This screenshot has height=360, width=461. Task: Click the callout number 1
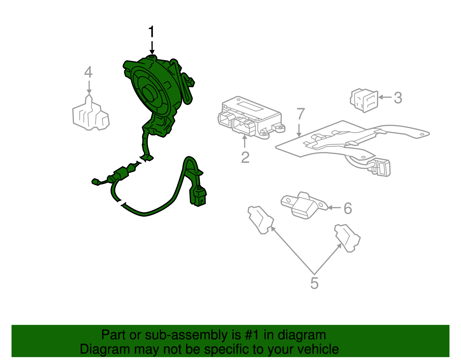pos(151,32)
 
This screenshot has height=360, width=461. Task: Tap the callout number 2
pos(245,157)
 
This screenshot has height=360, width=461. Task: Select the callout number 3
pos(398,98)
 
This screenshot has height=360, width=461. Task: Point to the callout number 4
pos(88,72)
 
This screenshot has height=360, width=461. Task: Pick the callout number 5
pos(314,283)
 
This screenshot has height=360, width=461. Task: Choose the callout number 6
pos(348,208)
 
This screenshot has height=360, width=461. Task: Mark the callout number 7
pos(301,114)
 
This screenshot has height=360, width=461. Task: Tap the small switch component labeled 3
pos(364,100)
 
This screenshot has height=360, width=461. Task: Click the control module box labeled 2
pos(252,118)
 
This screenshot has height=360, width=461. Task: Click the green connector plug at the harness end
pos(198,196)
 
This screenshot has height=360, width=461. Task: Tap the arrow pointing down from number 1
pos(152,48)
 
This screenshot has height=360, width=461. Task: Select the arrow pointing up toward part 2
pos(245,141)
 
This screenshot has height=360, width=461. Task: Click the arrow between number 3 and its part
pos(385,97)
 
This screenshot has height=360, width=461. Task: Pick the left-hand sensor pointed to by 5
pos(261,220)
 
